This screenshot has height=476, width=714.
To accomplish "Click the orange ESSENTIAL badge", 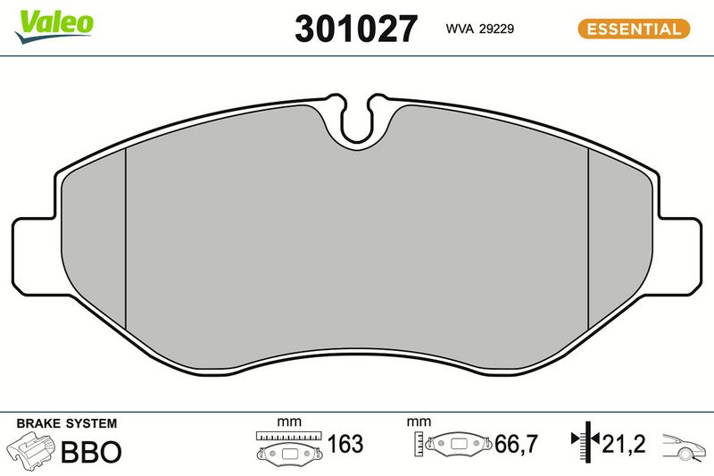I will pos(635,29).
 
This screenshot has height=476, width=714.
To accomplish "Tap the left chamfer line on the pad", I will pos(127,238).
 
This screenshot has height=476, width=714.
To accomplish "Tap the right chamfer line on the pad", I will pos(587,238).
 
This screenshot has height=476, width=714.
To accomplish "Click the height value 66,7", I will pos(515,444).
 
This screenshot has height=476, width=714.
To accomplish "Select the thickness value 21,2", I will pos(624,444).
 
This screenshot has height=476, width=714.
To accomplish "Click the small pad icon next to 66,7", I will pos(459,444).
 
